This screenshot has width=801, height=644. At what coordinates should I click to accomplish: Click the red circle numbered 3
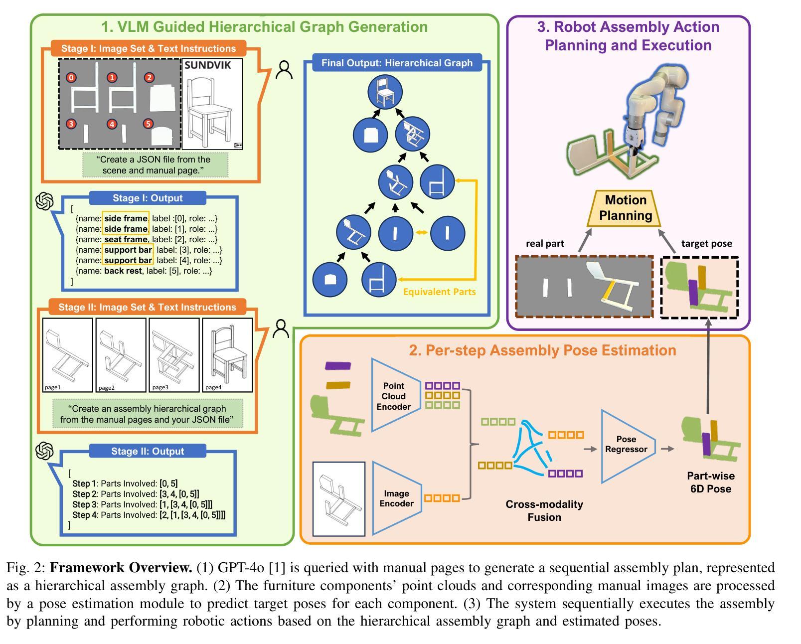(71, 124)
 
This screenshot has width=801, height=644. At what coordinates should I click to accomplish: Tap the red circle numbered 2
(149, 77)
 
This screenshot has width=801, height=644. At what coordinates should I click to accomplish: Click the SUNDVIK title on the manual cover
(208, 65)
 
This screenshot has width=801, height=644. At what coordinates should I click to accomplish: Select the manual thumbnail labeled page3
(174, 355)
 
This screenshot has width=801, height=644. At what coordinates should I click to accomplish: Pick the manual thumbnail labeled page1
(68, 355)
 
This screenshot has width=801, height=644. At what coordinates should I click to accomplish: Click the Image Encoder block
(397, 498)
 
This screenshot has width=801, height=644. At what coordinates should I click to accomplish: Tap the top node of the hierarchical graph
(385, 92)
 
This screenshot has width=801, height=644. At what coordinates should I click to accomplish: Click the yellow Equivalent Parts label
(439, 292)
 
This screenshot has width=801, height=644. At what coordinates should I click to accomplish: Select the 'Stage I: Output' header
(148, 198)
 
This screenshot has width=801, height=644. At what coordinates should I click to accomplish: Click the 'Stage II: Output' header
(148, 451)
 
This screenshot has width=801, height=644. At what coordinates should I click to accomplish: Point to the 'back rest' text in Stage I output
(123, 271)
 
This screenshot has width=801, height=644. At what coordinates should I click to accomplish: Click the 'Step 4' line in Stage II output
(149, 515)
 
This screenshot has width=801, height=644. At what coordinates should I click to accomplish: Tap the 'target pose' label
(706, 244)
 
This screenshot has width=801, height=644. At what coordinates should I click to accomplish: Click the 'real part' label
(545, 244)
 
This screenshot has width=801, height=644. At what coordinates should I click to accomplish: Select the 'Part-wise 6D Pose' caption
(711, 483)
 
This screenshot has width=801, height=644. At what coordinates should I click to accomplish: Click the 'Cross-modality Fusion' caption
(544, 511)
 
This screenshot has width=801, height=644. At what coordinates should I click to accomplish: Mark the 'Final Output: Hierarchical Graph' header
(397, 63)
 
